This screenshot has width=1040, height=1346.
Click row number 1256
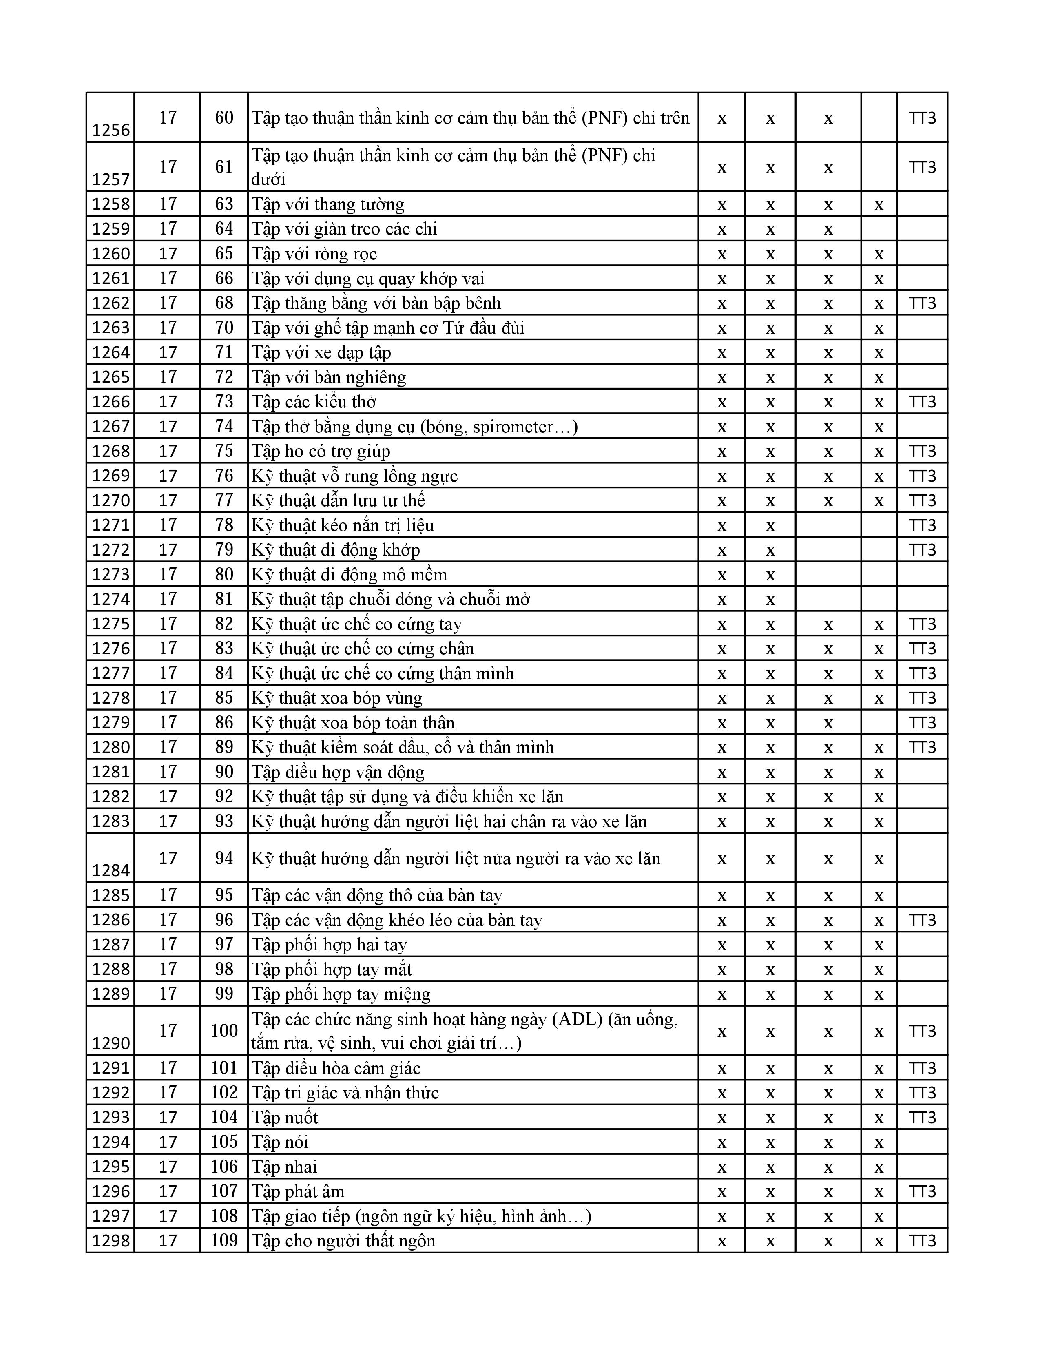click(x=111, y=130)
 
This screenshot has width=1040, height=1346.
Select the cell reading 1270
click(x=111, y=500)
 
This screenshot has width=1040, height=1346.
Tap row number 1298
click(x=111, y=1241)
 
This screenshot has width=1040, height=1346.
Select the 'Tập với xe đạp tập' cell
click(x=321, y=352)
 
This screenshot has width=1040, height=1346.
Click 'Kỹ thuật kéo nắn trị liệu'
click(x=343, y=525)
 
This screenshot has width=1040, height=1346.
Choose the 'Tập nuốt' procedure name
click(x=285, y=1117)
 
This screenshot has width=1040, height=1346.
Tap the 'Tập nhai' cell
click(x=284, y=1167)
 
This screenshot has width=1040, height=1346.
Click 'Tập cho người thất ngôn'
click(x=343, y=1241)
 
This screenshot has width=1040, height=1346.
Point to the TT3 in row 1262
click(x=922, y=303)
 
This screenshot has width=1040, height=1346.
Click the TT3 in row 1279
click(x=922, y=722)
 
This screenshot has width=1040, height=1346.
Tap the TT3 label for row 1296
click(x=922, y=1191)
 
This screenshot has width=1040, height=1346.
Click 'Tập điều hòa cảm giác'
click(x=336, y=1068)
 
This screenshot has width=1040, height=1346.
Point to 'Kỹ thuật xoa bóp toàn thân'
click(x=353, y=722)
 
